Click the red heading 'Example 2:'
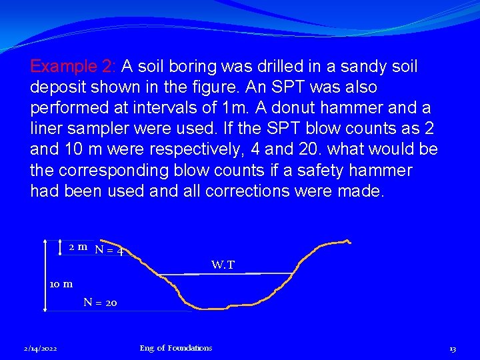coord(73,67)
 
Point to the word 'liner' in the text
coord(48,129)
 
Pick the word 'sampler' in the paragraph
coord(97,129)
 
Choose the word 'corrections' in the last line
coord(245,191)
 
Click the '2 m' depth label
coord(78,247)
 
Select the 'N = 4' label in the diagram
coord(111,251)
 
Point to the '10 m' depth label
coord(61,285)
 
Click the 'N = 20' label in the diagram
coord(100,303)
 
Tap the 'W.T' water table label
coord(223,265)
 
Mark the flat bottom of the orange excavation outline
coord(227,307)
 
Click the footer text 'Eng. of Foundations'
coord(176,348)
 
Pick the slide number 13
coord(452,348)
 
